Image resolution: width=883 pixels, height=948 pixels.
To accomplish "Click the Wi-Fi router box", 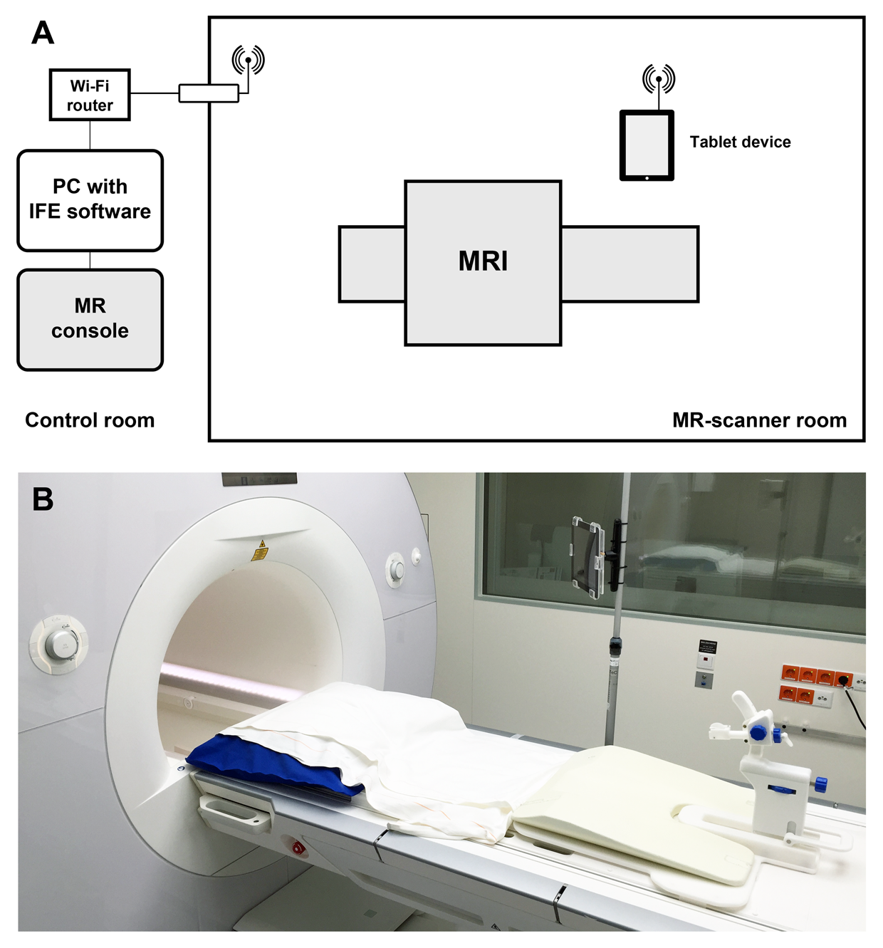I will (90, 95).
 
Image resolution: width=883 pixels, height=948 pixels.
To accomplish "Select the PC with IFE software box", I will (90, 200).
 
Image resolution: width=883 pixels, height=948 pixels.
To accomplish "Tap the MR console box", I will (90, 319).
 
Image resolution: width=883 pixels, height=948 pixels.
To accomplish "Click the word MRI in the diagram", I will (483, 261).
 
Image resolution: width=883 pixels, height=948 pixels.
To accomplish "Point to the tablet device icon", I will (647, 145).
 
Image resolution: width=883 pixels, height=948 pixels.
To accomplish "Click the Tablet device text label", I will (740, 142).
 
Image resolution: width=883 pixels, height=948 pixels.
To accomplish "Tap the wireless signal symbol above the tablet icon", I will (659, 78).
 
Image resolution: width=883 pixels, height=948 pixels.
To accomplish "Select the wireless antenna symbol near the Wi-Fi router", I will (248, 60).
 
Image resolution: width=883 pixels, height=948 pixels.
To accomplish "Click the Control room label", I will (90, 420).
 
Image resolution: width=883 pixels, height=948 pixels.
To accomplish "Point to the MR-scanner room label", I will (759, 420).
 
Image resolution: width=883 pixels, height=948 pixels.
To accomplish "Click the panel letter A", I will (43, 33).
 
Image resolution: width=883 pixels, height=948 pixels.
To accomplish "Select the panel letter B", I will (43, 499).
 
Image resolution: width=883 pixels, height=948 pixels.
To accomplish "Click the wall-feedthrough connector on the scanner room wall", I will (208, 93).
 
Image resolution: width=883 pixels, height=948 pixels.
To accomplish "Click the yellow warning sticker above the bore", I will (261, 549).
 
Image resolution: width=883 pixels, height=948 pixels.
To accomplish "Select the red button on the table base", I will (298, 848).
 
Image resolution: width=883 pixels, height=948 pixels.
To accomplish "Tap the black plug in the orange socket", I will (845, 680).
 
